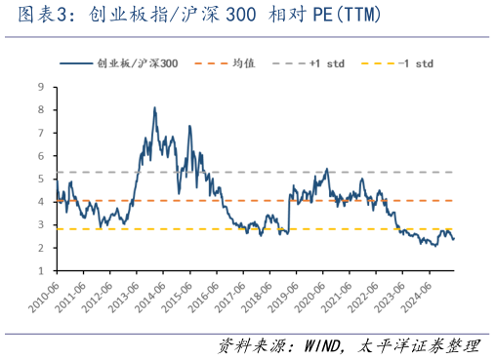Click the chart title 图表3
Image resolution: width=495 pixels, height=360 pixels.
(x=39, y=17)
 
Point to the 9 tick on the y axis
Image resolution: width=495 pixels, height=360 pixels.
(x=41, y=87)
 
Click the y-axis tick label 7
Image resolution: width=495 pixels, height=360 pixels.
(x=41, y=133)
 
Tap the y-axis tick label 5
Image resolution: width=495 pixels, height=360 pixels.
(x=41, y=179)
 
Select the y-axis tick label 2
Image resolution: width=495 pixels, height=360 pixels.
(x=41, y=248)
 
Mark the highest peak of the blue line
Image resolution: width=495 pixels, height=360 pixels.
(x=155, y=108)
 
